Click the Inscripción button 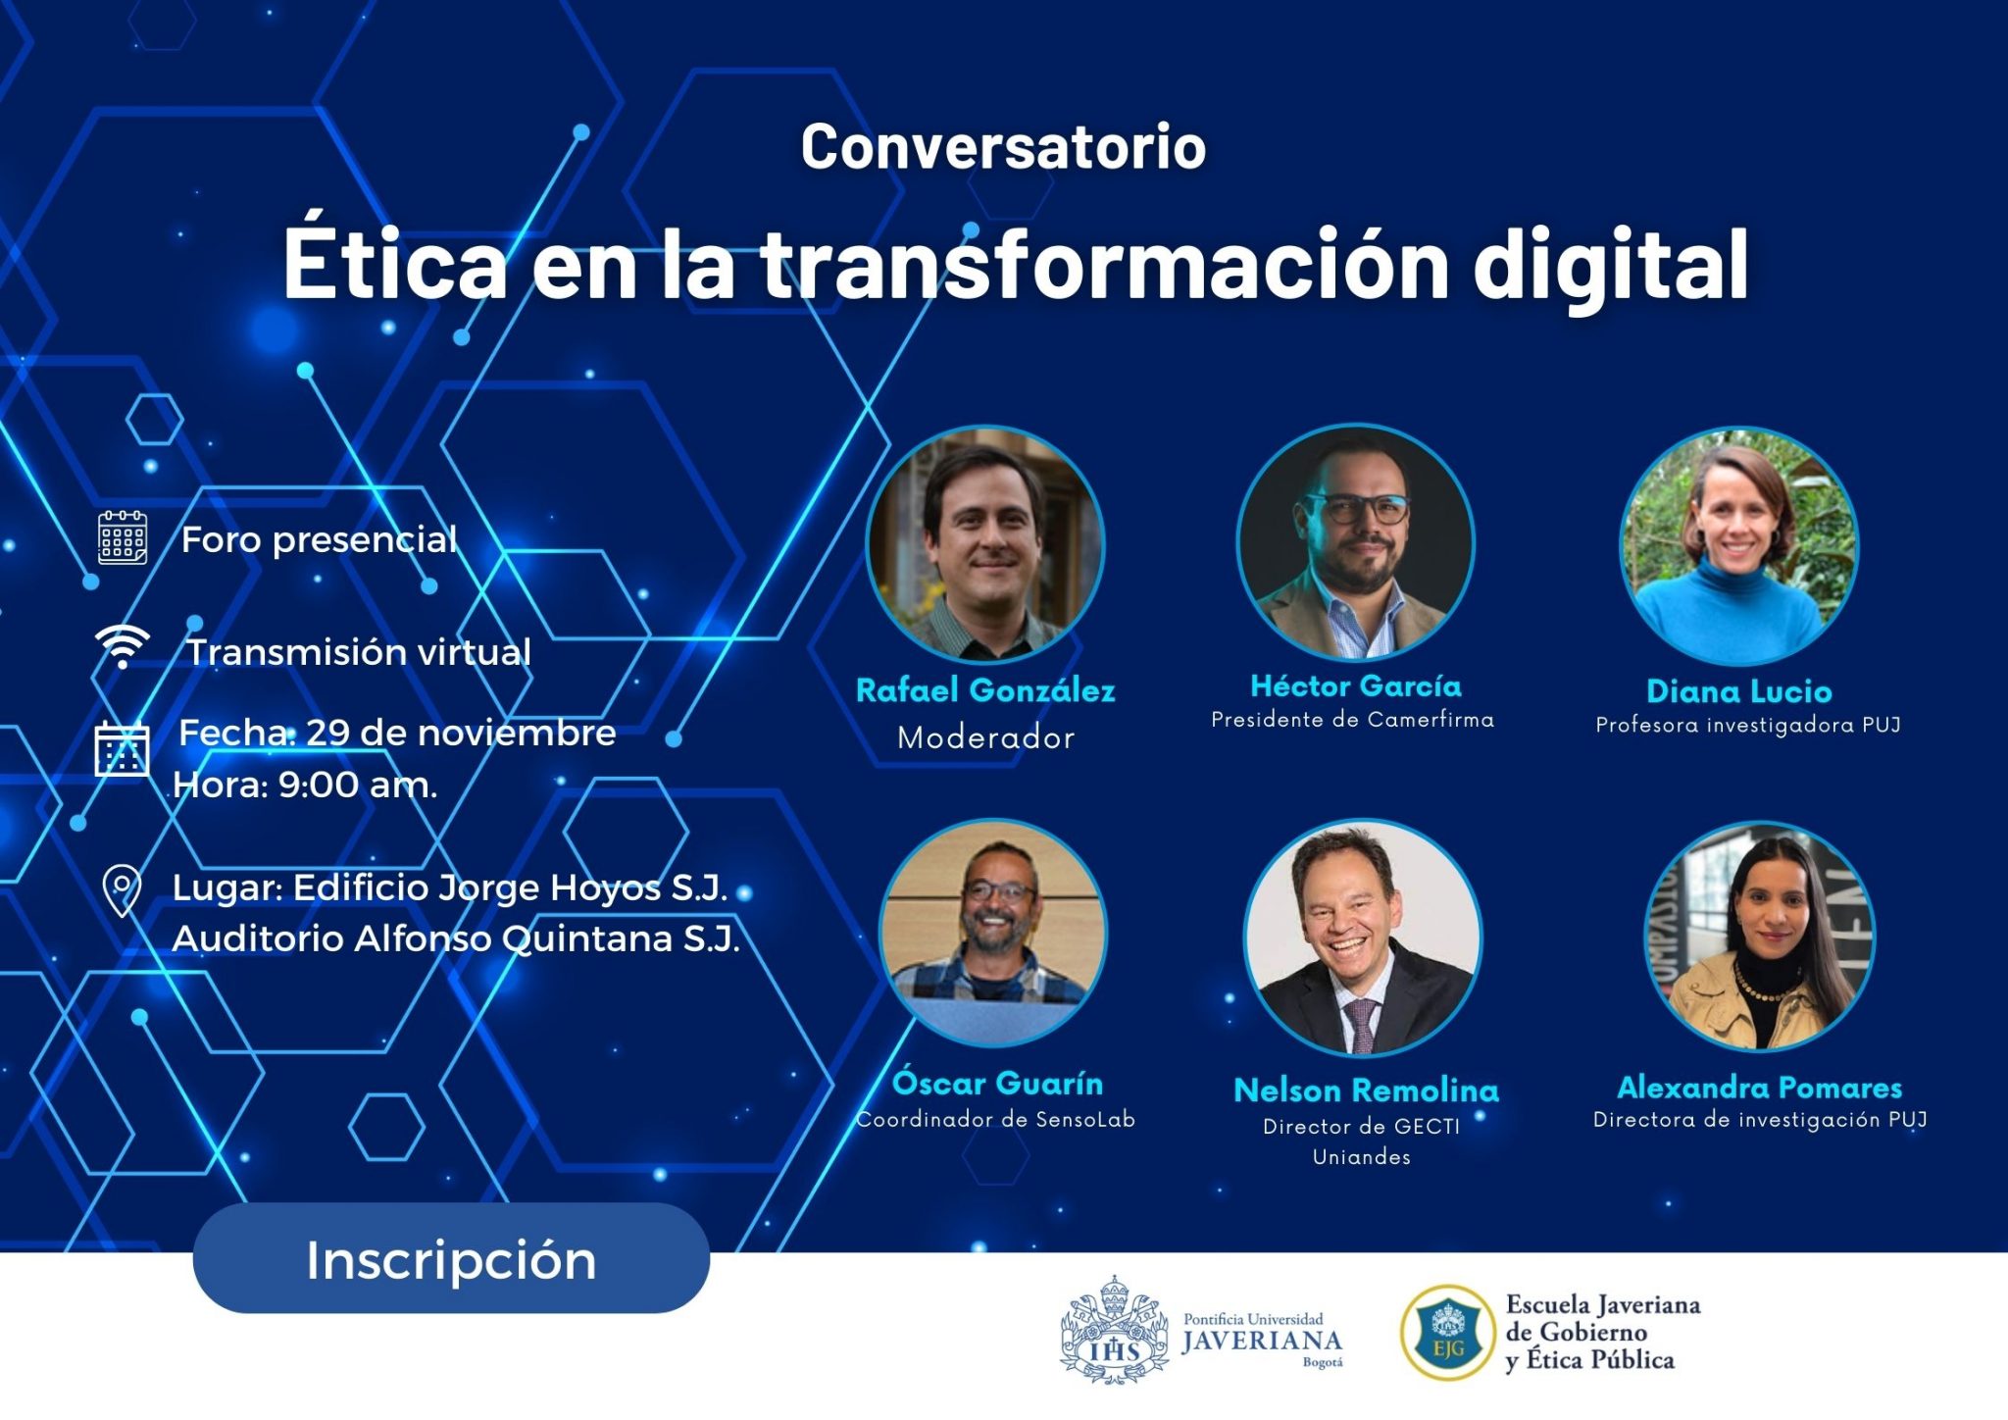pos(451,1260)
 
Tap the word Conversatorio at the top pos(1003,147)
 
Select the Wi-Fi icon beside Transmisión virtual pos(122,646)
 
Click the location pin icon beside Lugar pos(122,890)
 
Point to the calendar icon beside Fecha pos(122,750)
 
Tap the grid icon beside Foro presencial pos(123,537)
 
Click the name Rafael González pos(985,690)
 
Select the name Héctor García pos(1356,685)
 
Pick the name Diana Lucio pos(1738,691)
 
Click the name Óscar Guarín pos(997,1084)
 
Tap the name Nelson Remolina pos(1366,1090)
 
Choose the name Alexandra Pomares pos(1759,1088)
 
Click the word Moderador pos(985,737)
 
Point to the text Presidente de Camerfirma pos(1352,720)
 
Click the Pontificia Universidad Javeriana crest pos(1114,1331)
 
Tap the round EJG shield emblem pos(1448,1333)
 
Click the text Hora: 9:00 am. pos(305,785)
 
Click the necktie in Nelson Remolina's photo pos(1362,1024)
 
